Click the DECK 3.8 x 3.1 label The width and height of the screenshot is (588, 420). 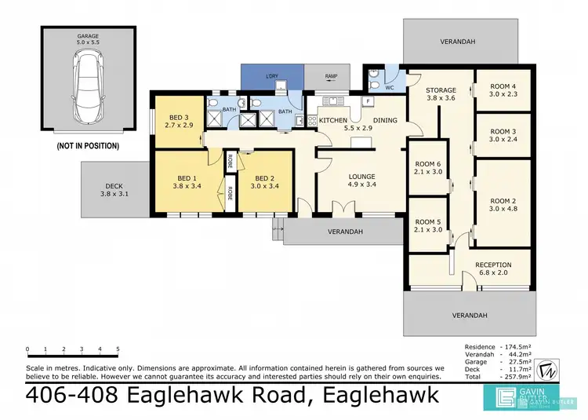[x=114, y=190]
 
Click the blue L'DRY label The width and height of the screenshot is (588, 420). [x=273, y=76]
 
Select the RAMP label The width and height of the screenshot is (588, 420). [x=331, y=76]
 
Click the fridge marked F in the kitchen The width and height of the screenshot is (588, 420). [x=367, y=103]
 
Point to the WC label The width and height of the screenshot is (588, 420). [x=390, y=88]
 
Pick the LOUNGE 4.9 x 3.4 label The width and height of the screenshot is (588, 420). [x=361, y=181]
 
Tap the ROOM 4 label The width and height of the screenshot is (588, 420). [x=503, y=90]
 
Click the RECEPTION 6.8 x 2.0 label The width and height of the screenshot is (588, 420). [x=493, y=269]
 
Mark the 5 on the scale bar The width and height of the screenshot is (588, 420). [x=118, y=349]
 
